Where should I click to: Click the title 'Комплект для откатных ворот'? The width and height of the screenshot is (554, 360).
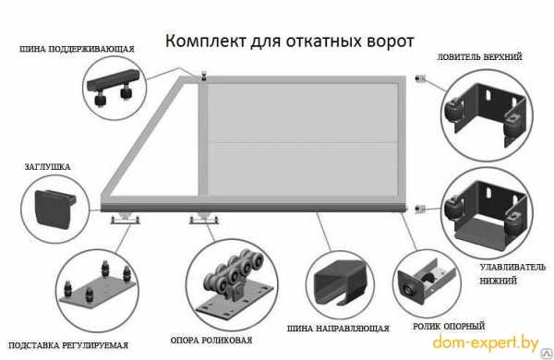(289, 42)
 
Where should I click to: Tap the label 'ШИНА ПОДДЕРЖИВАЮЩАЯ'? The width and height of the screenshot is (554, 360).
(77, 49)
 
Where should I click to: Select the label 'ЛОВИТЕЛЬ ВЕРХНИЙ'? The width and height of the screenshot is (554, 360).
(479, 57)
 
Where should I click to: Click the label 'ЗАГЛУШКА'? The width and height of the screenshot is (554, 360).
(47, 167)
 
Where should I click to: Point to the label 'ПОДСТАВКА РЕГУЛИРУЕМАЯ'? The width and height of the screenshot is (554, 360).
(68, 345)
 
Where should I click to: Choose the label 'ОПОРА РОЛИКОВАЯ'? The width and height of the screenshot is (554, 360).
(211, 341)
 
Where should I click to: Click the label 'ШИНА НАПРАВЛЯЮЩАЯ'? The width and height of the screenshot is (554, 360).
(338, 329)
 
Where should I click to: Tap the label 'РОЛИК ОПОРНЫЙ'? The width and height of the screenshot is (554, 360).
(449, 326)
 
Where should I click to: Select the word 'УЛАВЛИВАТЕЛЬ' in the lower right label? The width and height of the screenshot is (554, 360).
(512, 268)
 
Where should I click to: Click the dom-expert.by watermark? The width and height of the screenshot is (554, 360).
(486, 343)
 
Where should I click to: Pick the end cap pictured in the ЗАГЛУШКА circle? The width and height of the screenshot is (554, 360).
(54, 208)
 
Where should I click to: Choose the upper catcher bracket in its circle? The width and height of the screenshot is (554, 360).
(487, 113)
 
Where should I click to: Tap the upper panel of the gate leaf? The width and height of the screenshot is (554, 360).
(303, 113)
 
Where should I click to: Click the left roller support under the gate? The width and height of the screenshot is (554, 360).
(125, 219)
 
